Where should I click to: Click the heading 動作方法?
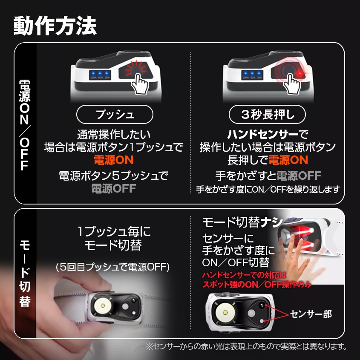(x=55, y=26)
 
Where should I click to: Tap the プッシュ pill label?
(x=114, y=114)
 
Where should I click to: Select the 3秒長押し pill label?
(x=267, y=114)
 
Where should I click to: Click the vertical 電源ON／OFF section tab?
(x=24, y=124)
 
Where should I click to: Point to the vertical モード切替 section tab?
(x=24, y=273)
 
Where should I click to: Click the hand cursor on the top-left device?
(x=139, y=84)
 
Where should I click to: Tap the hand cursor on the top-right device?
(x=292, y=84)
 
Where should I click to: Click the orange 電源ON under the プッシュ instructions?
(x=114, y=160)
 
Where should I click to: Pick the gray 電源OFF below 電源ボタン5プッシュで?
(x=113, y=188)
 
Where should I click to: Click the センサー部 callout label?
(x=311, y=314)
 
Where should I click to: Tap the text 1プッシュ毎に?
(x=114, y=232)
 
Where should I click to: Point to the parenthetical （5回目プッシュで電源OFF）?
(x=113, y=267)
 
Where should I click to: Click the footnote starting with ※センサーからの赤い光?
(x=246, y=346)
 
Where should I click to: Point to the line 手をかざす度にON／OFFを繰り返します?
(x=268, y=189)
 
